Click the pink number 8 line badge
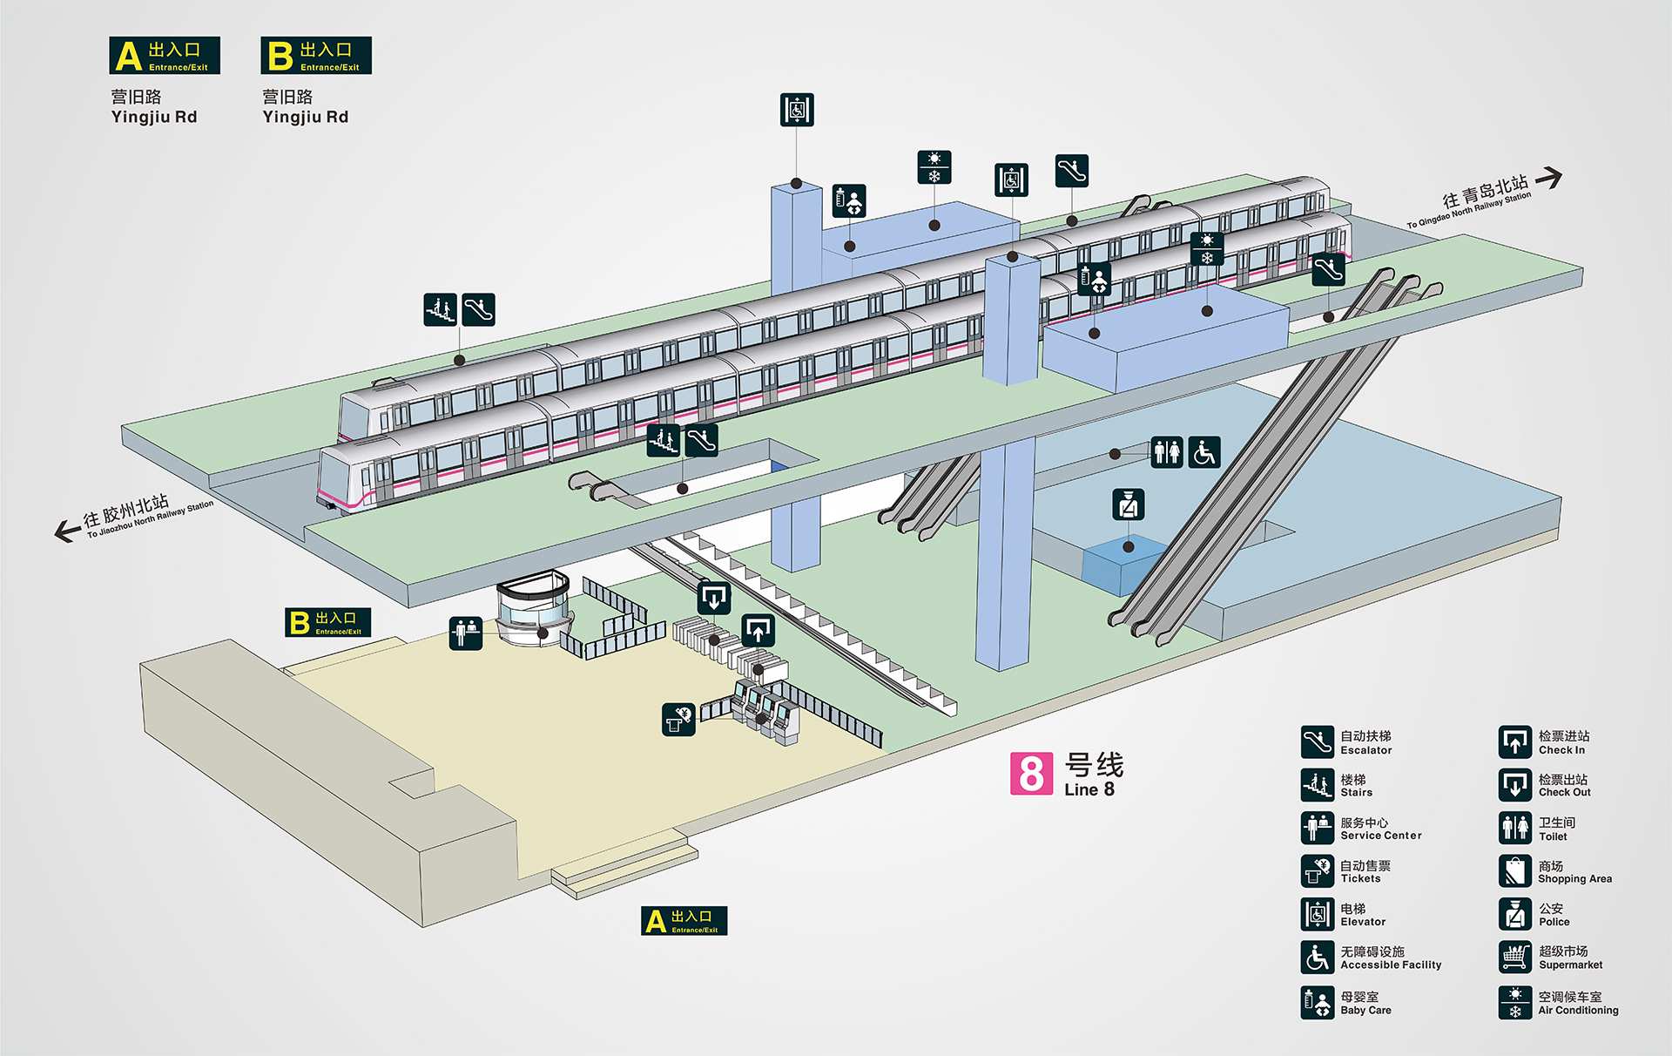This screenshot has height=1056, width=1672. (x=1031, y=774)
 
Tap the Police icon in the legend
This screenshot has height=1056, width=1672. (x=1515, y=914)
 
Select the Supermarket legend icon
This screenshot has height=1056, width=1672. (x=1515, y=958)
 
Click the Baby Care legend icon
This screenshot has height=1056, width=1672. (x=1318, y=1002)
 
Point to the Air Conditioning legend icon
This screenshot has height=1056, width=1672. (x=1515, y=1002)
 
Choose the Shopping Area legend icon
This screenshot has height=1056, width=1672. (x=1515, y=871)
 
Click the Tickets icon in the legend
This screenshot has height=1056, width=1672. (x=1318, y=871)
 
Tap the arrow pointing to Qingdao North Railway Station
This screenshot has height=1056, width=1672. (x=1548, y=178)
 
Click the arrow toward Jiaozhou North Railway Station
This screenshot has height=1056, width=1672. (x=67, y=531)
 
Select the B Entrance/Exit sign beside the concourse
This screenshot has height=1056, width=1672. (x=328, y=622)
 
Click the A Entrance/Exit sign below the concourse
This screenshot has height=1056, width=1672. (x=684, y=921)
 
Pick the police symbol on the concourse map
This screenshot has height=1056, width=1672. (x=1129, y=504)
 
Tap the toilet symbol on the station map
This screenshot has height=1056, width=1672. (x=1167, y=452)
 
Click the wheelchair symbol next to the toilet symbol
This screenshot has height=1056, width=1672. (x=1204, y=452)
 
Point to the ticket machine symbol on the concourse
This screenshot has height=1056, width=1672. (x=678, y=720)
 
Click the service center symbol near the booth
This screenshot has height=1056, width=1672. (x=466, y=633)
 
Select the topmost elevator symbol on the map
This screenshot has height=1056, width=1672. (x=797, y=110)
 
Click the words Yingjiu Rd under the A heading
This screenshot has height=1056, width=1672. (x=154, y=117)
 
